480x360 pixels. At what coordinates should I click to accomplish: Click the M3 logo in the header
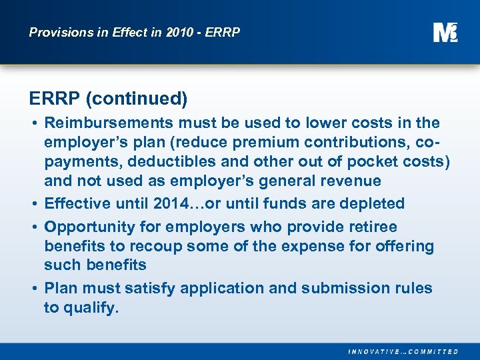point(445,32)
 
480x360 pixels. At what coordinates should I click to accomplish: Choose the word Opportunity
point(85,227)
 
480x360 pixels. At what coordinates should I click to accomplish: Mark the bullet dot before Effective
point(33,204)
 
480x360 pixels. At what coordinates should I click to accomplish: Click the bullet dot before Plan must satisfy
point(33,289)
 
